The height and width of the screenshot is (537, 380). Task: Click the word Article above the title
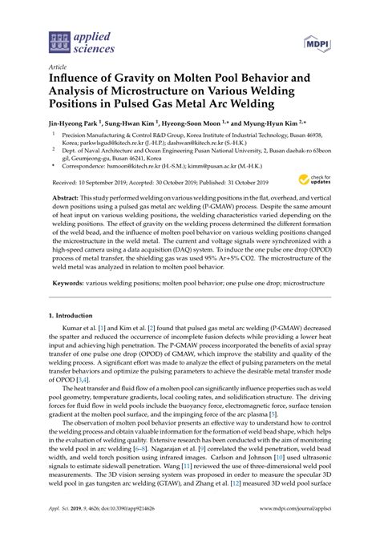click(58, 69)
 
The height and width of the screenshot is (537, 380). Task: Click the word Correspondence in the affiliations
click(84, 174)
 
